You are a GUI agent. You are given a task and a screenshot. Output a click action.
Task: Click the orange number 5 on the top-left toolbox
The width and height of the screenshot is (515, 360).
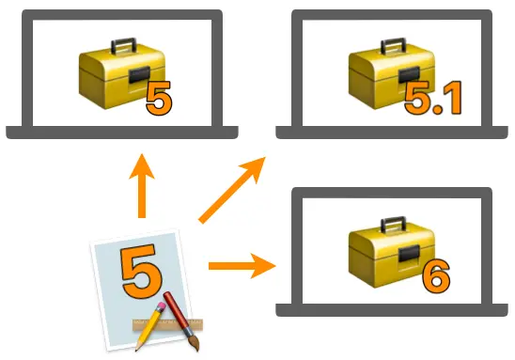(x=159, y=98)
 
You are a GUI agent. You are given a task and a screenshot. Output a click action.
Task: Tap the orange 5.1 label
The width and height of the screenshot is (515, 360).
(x=433, y=98)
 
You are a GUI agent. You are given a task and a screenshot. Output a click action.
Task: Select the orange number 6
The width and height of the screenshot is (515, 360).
(x=436, y=276)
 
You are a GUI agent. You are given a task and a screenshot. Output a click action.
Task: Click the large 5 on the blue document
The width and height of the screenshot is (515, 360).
(x=142, y=271)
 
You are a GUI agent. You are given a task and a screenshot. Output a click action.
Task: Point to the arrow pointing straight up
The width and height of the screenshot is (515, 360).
(x=142, y=185)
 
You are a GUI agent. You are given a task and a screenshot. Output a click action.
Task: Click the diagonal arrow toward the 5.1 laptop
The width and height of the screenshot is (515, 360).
(x=232, y=190)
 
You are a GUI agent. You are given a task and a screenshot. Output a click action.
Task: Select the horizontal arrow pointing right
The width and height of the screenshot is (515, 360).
(x=242, y=265)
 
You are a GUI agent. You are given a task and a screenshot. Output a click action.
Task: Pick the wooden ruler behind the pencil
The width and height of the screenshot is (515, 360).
(x=168, y=325)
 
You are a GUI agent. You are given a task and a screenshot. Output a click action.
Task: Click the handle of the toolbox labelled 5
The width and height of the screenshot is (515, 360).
(x=123, y=46)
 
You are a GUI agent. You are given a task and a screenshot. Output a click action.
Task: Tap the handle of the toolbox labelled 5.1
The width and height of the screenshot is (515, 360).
(x=393, y=46)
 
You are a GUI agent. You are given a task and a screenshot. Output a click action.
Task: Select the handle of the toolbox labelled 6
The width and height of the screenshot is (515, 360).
(x=393, y=225)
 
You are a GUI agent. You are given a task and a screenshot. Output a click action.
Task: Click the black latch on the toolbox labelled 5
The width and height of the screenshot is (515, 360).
(x=140, y=75)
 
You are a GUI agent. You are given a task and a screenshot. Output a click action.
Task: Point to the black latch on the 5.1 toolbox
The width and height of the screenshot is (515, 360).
(x=409, y=75)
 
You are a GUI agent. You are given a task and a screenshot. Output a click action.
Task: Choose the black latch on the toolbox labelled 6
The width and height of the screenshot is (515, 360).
(x=409, y=254)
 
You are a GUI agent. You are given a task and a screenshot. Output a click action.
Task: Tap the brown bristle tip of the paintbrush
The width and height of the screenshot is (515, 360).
(x=195, y=345)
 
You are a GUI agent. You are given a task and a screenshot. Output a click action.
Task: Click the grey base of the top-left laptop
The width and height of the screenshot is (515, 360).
(x=122, y=133)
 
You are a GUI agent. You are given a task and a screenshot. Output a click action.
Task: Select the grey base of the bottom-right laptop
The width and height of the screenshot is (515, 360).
(x=392, y=310)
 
